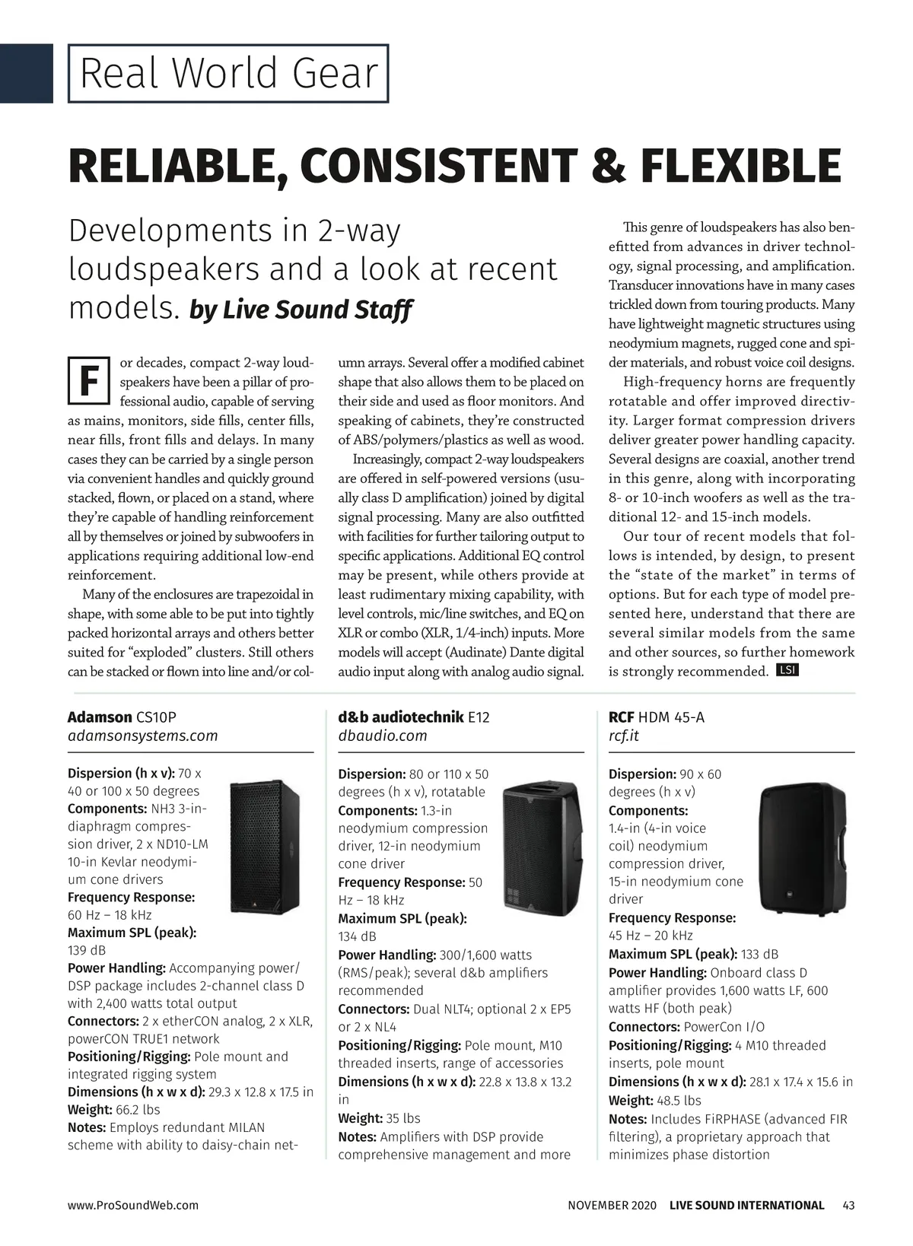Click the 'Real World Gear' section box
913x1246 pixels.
click(228, 74)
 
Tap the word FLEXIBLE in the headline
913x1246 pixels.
click(732, 167)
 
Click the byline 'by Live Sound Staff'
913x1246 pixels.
click(300, 310)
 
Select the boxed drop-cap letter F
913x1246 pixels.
click(88, 380)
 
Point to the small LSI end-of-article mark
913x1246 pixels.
click(787, 670)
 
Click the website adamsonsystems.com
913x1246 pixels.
click(142, 736)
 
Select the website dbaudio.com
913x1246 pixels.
click(382, 736)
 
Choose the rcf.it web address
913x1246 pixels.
click(623, 736)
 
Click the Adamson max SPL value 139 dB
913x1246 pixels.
click(87, 950)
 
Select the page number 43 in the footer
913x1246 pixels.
click(848, 1205)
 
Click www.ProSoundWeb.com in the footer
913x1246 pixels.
click(133, 1205)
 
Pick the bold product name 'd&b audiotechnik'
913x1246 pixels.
click(400, 717)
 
